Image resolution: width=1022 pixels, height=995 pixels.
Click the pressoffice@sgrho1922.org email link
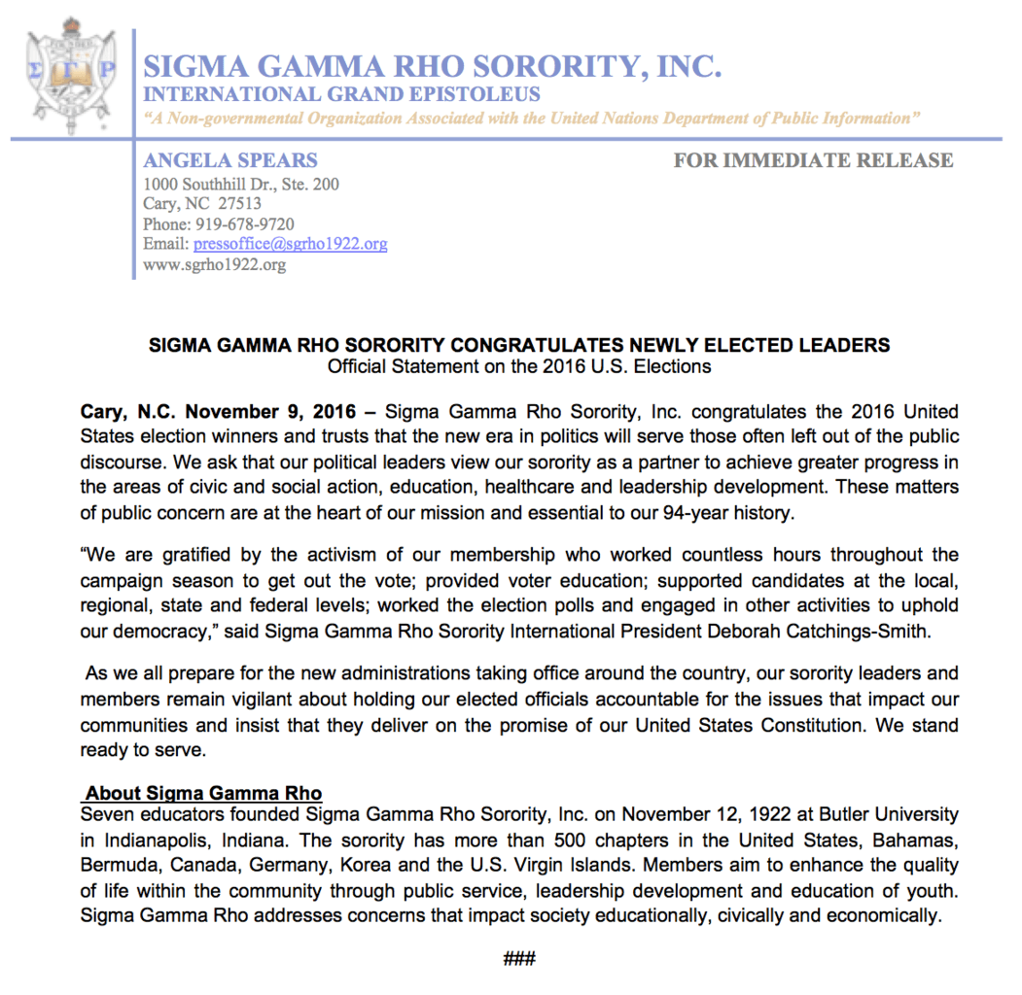tap(290, 244)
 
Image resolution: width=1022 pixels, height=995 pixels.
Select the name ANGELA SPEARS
tap(230, 160)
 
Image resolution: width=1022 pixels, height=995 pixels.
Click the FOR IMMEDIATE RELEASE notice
tap(813, 160)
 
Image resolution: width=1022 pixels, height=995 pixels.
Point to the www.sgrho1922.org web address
tap(215, 264)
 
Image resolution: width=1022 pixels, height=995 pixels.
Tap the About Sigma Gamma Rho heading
tap(204, 794)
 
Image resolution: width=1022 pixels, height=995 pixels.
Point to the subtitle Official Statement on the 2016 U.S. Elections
tap(518, 366)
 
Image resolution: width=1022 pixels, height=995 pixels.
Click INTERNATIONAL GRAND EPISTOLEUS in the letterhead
tap(342, 95)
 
